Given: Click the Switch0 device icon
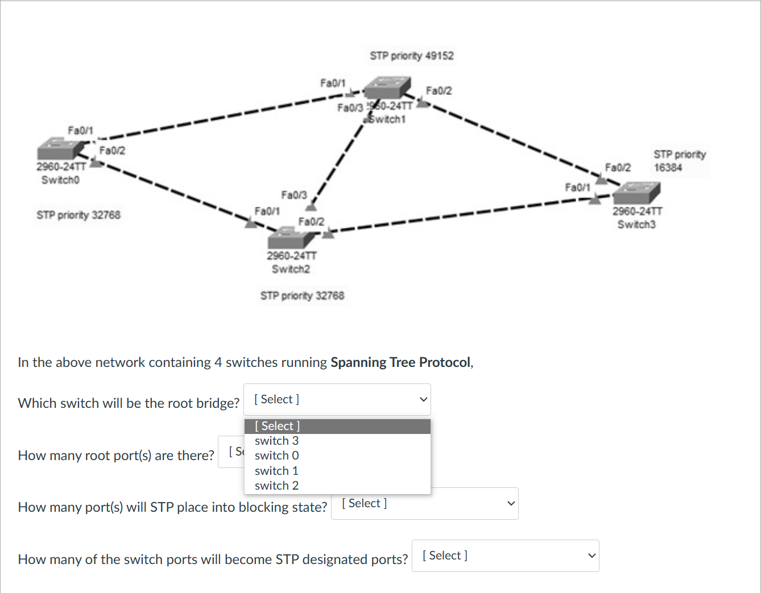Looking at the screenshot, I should [60, 148].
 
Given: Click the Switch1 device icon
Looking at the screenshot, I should [387, 88].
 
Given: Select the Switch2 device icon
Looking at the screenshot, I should [291, 237].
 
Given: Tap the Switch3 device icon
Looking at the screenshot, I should [636, 193].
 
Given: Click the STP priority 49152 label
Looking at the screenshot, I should [411, 56].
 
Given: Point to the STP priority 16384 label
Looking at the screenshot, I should [679, 161].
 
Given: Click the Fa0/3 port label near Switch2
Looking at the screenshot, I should [293, 195].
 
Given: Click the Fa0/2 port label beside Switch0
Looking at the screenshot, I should [112, 151].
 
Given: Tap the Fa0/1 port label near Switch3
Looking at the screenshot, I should [577, 187].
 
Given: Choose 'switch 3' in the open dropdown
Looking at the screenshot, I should [276, 441].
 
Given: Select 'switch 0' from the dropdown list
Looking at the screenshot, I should [276, 456].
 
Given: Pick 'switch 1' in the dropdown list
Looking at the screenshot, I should [276, 471].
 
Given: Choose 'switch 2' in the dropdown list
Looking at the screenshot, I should [276, 486].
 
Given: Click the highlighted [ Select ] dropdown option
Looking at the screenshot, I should [337, 426].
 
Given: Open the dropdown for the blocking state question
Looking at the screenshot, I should [424, 504].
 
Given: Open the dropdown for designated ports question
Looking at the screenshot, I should [505, 556].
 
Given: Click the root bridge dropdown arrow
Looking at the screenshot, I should [423, 399].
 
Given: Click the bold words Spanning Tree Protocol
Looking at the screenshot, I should [400, 362].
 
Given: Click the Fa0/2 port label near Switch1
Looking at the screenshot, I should [439, 91].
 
